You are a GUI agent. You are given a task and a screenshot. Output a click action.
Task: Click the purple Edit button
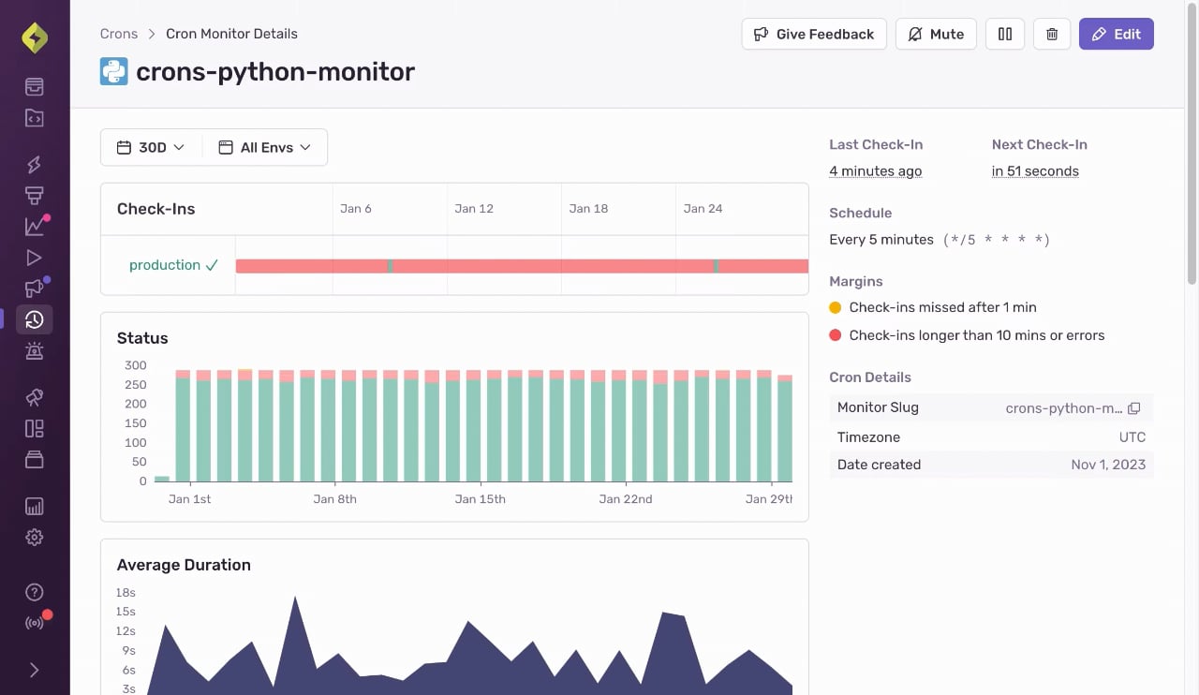pyautogui.click(x=1116, y=34)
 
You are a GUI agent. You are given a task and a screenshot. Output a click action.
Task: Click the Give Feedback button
pyautogui.click(x=814, y=34)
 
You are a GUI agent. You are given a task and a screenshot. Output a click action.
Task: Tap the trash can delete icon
pyautogui.click(x=1052, y=34)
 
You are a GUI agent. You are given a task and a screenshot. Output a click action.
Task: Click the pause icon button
pyautogui.click(x=1005, y=34)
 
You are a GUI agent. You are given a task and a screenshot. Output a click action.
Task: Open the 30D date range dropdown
pyautogui.click(x=151, y=147)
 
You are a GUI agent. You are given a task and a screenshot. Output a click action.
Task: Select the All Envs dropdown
pyautogui.click(x=265, y=147)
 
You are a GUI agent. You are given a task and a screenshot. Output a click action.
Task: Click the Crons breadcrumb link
pyautogui.click(x=119, y=34)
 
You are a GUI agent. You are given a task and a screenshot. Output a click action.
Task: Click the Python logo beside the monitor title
pyautogui.click(x=114, y=71)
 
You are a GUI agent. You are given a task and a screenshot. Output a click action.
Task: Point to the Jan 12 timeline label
pyautogui.click(x=474, y=208)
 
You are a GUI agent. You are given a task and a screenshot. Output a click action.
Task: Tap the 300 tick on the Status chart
pyautogui.click(x=136, y=365)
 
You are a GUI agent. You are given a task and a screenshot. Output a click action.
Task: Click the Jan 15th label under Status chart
pyautogui.click(x=481, y=499)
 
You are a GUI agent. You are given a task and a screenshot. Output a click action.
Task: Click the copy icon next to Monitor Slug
pyautogui.click(x=1133, y=408)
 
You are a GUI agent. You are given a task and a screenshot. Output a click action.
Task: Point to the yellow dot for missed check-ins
pyautogui.click(x=835, y=307)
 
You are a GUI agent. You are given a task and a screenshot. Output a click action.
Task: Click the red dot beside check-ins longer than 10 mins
pyautogui.click(x=835, y=335)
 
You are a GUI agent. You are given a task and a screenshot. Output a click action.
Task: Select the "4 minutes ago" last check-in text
pyautogui.click(x=875, y=171)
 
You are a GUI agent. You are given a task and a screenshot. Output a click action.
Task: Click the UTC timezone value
pyautogui.click(x=1132, y=437)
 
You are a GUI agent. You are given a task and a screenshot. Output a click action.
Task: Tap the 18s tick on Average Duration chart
pyautogui.click(x=126, y=593)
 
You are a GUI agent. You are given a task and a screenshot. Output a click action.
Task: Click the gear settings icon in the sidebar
pyautogui.click(x=35, y=537)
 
